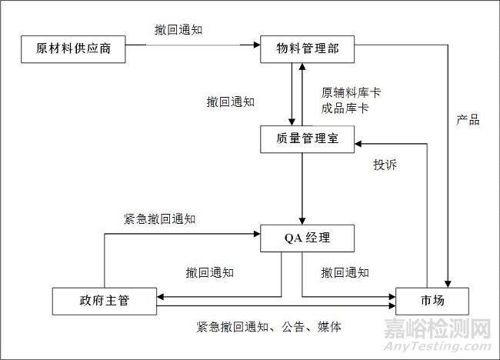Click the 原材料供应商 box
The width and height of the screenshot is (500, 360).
pyautogui.click(x=73, y=49)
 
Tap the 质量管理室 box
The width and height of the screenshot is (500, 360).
pyautogui.click(x=305, y=138)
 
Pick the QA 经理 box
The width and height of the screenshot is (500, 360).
pyautogui.click(x=307, y=238)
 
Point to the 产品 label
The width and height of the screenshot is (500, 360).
pyautogui.click(x=468, y=119)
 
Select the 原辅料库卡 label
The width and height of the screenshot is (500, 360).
pyautogui.click(x=351, y=92)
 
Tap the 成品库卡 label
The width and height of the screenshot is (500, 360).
pyautogui.click(x=345, y=108)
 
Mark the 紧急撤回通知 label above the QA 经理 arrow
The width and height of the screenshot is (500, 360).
pyautogui.click(x=159, y=218)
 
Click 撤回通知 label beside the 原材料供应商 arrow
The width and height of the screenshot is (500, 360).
pyautogui.click(x=178, y=30)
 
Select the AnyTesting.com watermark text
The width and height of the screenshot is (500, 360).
pyautogui.click(x=453, y=347)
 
